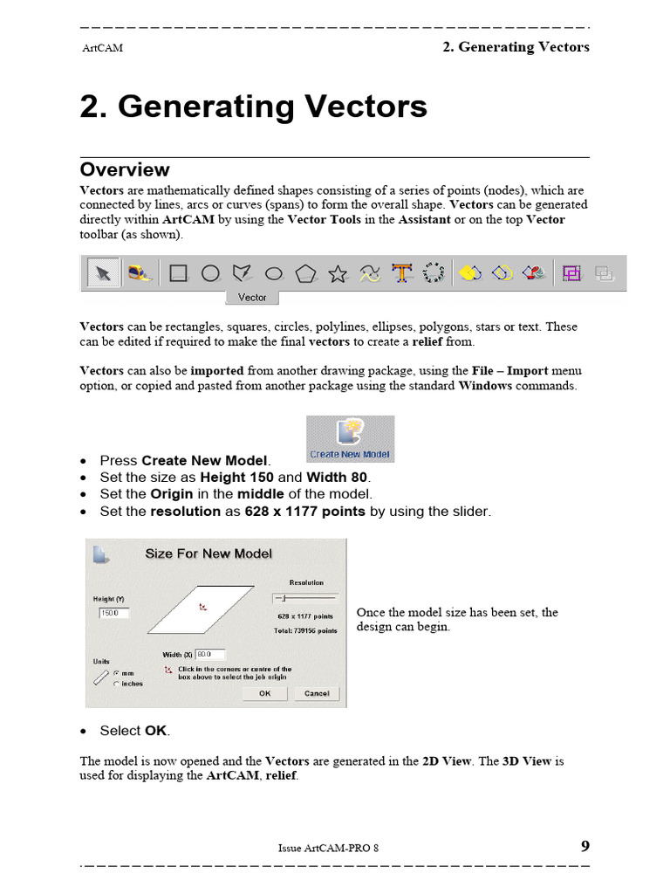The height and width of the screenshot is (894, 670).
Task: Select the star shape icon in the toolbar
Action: (338, 274)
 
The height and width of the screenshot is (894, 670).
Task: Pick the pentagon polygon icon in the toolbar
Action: (305, 274)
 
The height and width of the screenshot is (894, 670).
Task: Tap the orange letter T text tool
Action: (401, 273)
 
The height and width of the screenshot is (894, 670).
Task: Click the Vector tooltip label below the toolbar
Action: (252, 298)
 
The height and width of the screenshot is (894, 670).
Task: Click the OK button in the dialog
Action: (264, 693)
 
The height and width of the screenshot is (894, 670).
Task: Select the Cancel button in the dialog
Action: (317, 693)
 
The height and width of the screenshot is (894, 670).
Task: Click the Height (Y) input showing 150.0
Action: (113, 614)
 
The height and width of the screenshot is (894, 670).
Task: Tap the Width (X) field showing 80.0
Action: (209, 653)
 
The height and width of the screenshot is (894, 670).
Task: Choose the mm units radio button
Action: (116, 673)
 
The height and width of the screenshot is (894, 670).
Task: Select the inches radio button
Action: (116, 684)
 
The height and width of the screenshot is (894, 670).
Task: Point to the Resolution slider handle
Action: (284, 598)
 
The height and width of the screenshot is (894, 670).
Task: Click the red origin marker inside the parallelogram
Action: (202, 607)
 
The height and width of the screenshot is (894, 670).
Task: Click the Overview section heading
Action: (125, 169)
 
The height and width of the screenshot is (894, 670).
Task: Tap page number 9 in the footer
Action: (585, 846)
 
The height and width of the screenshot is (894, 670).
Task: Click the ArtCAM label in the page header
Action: (102, 48)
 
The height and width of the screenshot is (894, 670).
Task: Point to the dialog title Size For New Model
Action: (209, 554)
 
